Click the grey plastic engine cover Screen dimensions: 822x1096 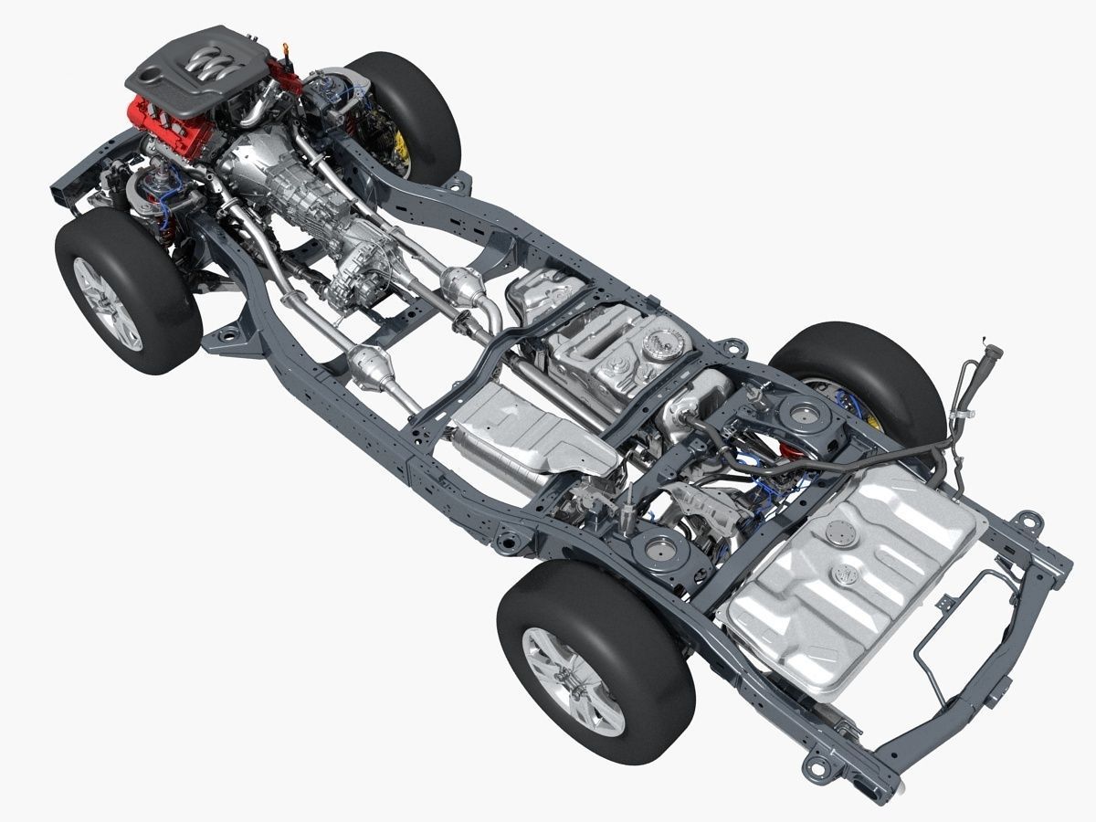196,68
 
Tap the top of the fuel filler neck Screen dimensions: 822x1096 991,351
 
